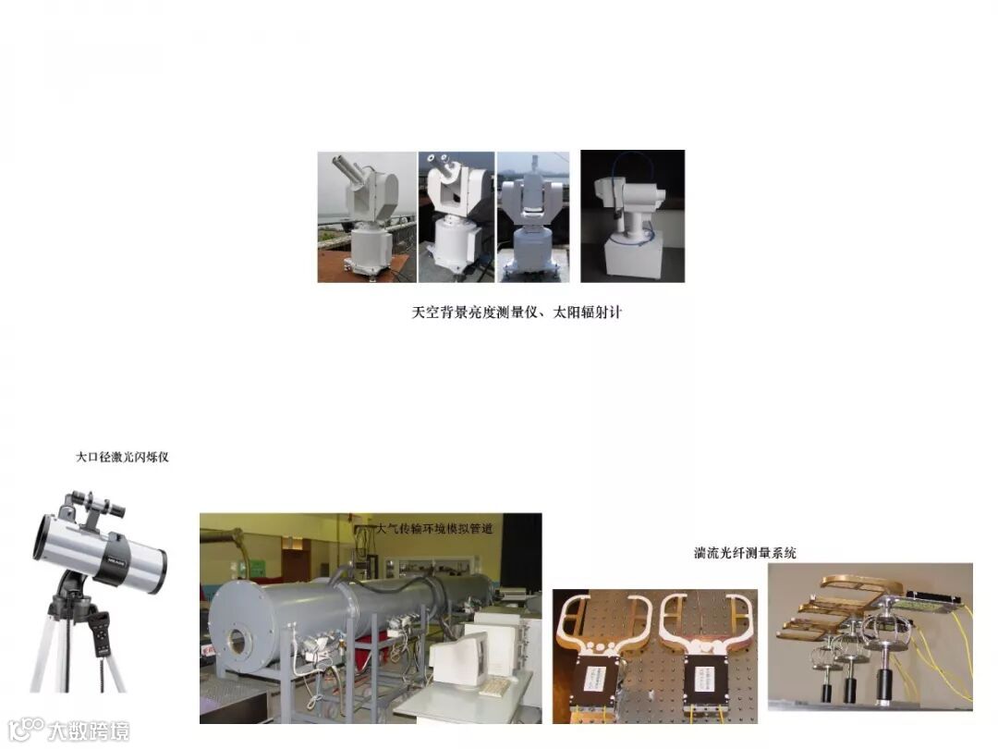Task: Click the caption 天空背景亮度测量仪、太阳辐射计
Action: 517,313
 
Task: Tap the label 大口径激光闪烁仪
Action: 122,457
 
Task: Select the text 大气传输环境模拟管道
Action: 434,528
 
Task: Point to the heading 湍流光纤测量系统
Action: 745,553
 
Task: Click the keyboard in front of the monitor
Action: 496,685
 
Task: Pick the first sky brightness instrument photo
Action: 367,217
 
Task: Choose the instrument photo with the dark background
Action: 633,215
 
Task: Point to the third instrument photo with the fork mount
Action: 533,217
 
